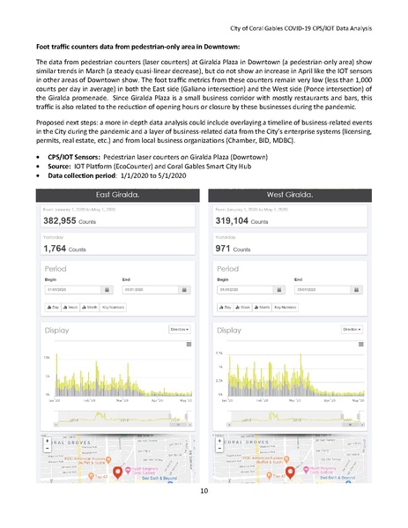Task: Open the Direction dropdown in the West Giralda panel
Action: (351, 329)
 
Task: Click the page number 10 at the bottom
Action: (204, 490)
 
